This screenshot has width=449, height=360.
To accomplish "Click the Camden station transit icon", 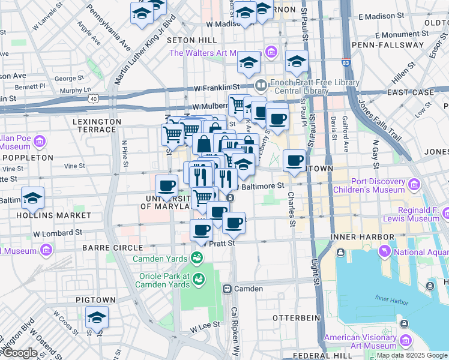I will pyautogui.click(x=228, y=289).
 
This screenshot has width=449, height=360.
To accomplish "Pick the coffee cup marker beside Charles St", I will pyautogui.click(x=294, y=161).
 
